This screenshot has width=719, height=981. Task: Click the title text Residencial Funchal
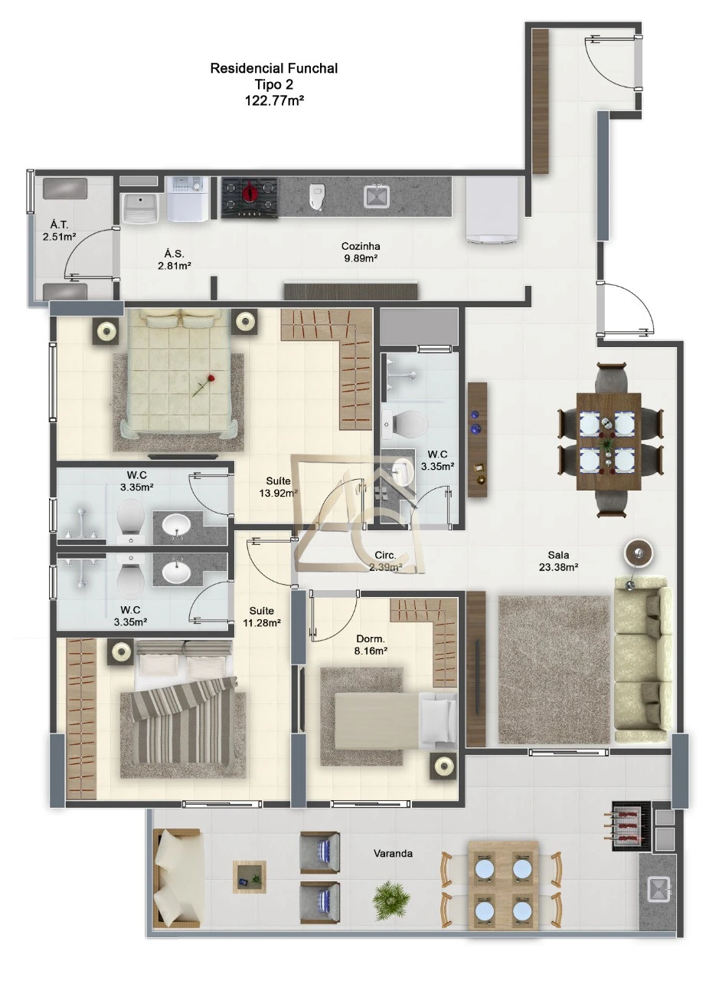[274, 68]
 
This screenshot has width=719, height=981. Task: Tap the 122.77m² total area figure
[274, 100]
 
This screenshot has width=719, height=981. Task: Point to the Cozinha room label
[361, 246]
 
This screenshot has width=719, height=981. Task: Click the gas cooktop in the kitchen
[250, 198]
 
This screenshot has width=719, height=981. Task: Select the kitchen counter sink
[377, 196]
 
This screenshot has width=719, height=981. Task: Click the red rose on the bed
[204, 385]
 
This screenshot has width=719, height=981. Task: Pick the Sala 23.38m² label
[558, 560]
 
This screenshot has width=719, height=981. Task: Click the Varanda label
[393, 853]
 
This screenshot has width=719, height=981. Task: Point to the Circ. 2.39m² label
[386, 561]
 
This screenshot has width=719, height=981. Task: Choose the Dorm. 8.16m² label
[371, 645]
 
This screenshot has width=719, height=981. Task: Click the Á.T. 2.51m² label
[59, 231]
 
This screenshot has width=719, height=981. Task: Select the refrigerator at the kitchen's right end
[492, 211]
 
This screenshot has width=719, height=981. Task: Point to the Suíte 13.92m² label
[278, 487]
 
